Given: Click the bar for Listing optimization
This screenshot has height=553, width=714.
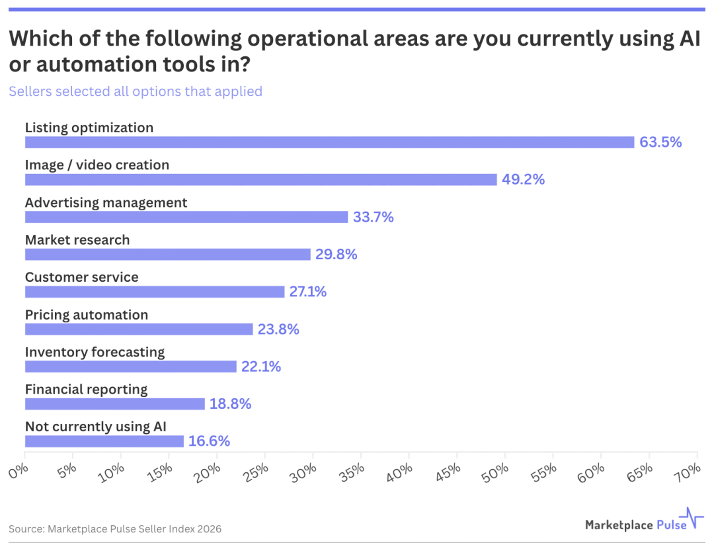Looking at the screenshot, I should coord(329,142).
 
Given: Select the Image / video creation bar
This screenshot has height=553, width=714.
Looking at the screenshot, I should coord(260,179).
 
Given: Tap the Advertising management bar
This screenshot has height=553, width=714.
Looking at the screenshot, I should coord(186,217).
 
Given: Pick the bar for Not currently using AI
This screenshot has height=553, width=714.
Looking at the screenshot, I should coord(104,441).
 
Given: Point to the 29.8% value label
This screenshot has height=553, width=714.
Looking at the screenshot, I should coord(336,255).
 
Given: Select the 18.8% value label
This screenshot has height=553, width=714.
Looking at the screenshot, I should coord(230,404).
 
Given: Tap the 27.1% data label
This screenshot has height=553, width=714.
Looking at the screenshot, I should coord(307,292).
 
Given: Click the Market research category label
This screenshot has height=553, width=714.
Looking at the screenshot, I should coord(77,240).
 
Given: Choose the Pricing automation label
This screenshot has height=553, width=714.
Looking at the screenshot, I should coord(87,315).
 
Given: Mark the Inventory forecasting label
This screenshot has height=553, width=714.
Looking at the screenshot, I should coord(95,352).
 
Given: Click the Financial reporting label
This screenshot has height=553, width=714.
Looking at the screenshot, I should coord(86,390).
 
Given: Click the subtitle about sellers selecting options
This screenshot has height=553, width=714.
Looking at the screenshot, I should coord(135,91).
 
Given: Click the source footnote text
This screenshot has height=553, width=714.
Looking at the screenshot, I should coord(115,529).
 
